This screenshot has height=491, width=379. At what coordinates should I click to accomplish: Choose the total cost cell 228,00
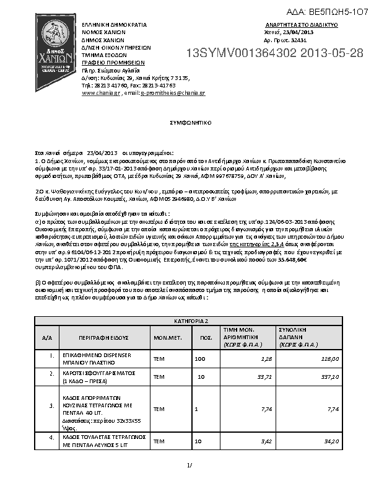tap(329, 359)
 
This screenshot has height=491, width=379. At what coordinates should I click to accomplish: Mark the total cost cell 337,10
tap(329, 376)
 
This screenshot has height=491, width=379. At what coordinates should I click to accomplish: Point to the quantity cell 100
tap(200, 359)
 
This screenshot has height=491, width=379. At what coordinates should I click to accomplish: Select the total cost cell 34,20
tap(330, 441)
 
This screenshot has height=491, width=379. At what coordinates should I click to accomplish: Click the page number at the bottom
tap(189, 464)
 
